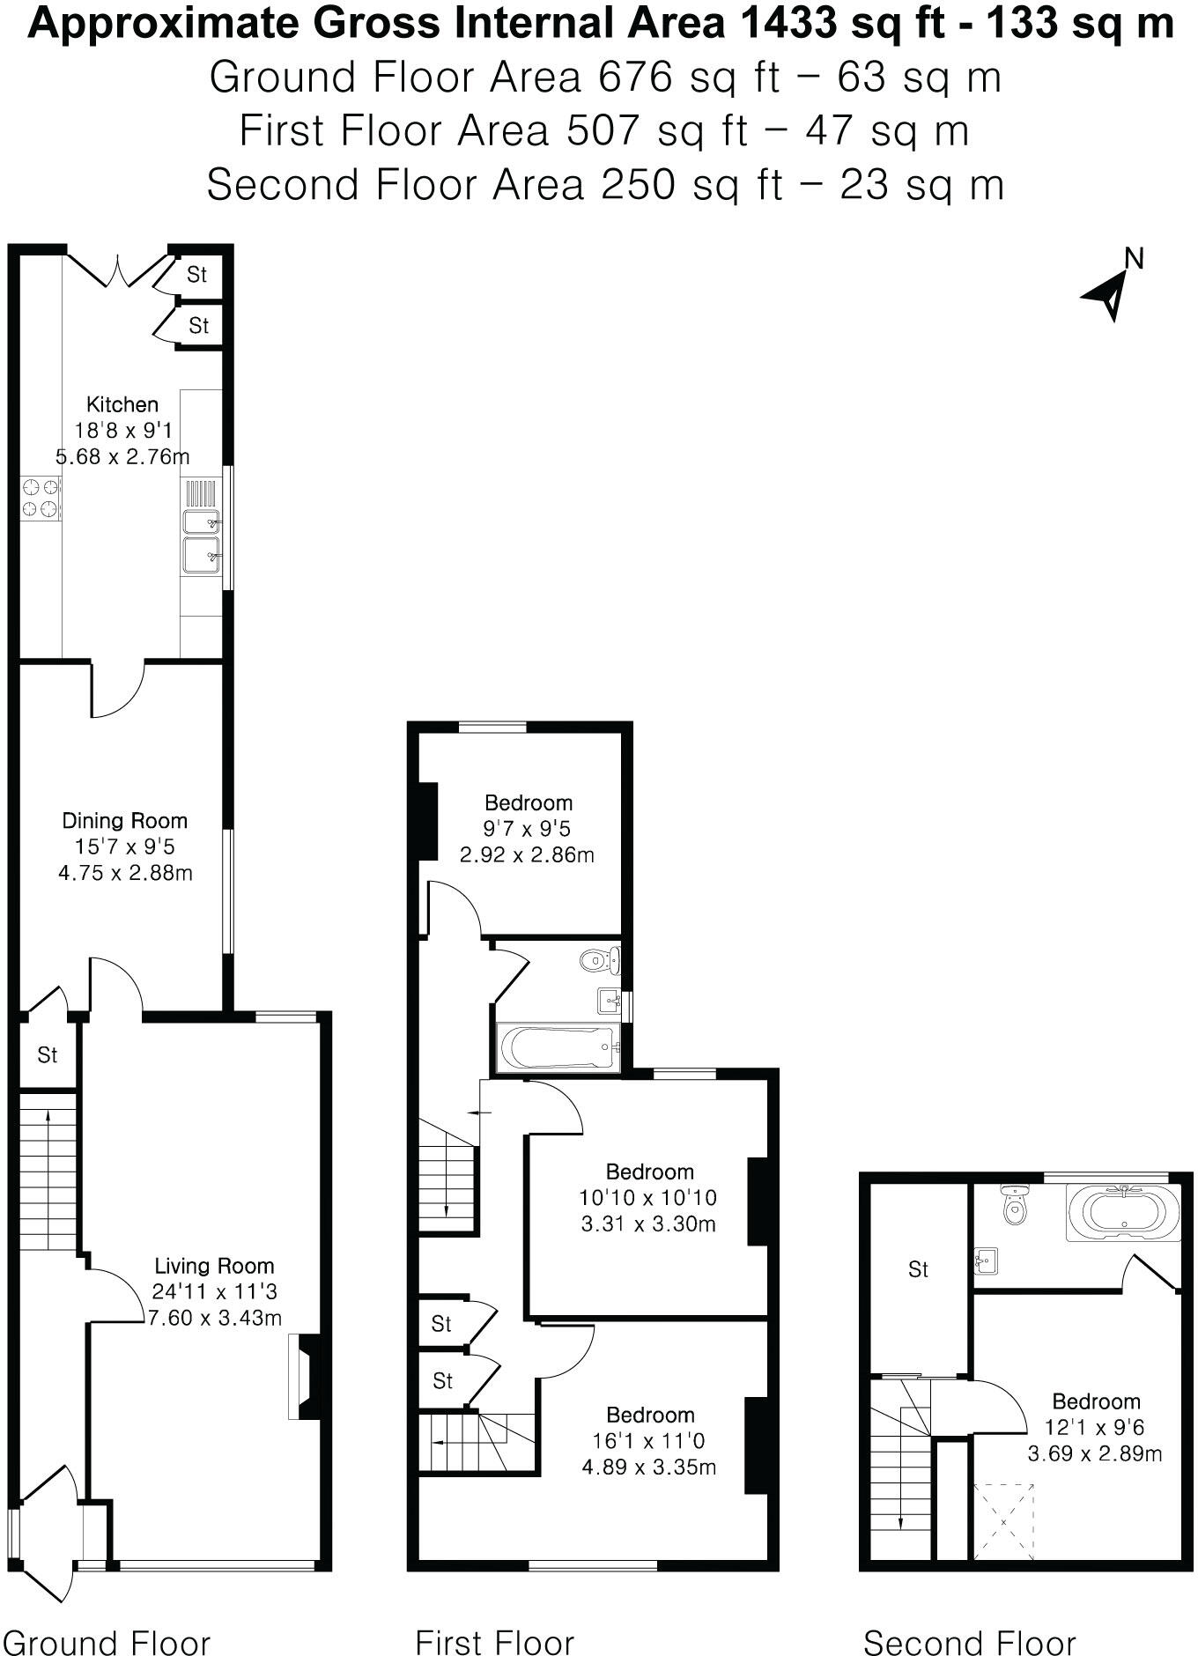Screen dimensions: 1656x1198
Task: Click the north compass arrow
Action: (x=1107, y=293)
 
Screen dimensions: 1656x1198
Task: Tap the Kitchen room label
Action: (x=122, y=404)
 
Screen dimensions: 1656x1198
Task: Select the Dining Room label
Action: (x=124, y=821)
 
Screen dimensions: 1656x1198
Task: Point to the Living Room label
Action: (x=214, y=1266)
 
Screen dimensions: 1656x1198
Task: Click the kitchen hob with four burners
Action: (x=41, y=498)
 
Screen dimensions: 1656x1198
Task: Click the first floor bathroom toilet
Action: (x=600, y=958)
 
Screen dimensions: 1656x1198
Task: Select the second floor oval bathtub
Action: (x=1122, y=1212)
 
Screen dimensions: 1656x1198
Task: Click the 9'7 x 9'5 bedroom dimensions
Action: (x=528, y=829)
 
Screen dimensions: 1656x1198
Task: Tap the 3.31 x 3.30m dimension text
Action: (x=648, y=1224)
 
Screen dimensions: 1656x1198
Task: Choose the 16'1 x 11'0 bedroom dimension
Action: (x=649, y=1440)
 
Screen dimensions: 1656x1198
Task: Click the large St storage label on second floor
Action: (x=918, y=1269)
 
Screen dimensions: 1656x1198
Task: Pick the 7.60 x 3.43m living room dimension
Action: (x=214, y=1318)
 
